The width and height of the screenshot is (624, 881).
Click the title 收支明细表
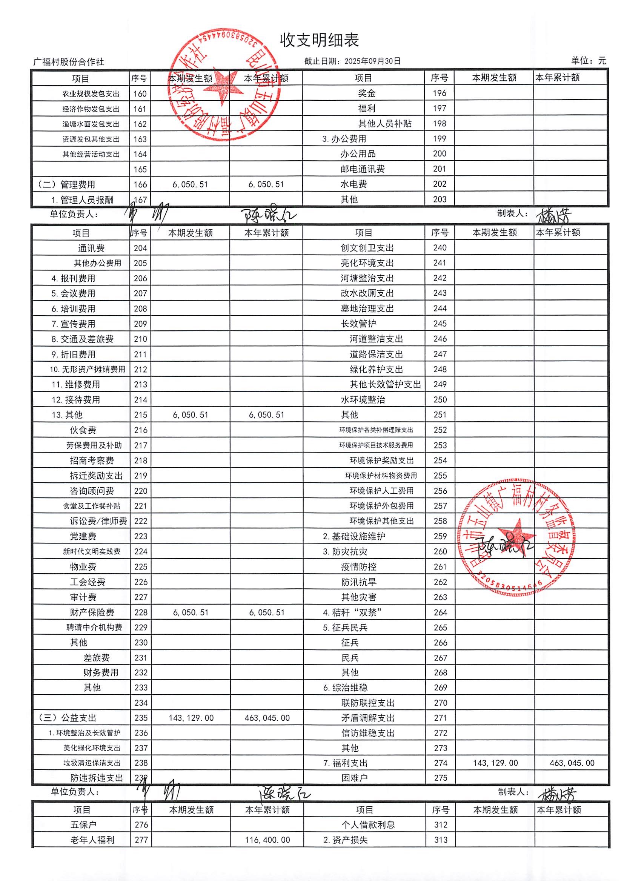coord(319,40)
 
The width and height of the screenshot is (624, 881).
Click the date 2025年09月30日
coord(372,61)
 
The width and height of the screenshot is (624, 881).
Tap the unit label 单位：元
coord(588,61)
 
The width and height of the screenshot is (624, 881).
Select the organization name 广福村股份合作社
coord(69,62)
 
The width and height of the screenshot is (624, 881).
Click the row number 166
coord(140,184)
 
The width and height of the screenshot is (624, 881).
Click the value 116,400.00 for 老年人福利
coord(267,840)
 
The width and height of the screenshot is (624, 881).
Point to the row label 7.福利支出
coord(345,763)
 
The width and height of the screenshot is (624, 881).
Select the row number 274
coord(440,763)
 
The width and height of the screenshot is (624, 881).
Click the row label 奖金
coord(367,93)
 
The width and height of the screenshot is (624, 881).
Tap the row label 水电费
coord(353,184)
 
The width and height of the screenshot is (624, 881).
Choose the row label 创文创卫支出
coord(367,248)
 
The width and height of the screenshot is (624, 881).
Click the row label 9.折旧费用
coord(74,354)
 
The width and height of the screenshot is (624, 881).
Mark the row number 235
coord(141,718)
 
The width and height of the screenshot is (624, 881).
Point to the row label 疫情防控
coord(358,566)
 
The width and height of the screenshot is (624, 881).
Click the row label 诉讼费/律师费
coord(98,521)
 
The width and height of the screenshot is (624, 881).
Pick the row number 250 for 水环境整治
coord(440,399)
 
